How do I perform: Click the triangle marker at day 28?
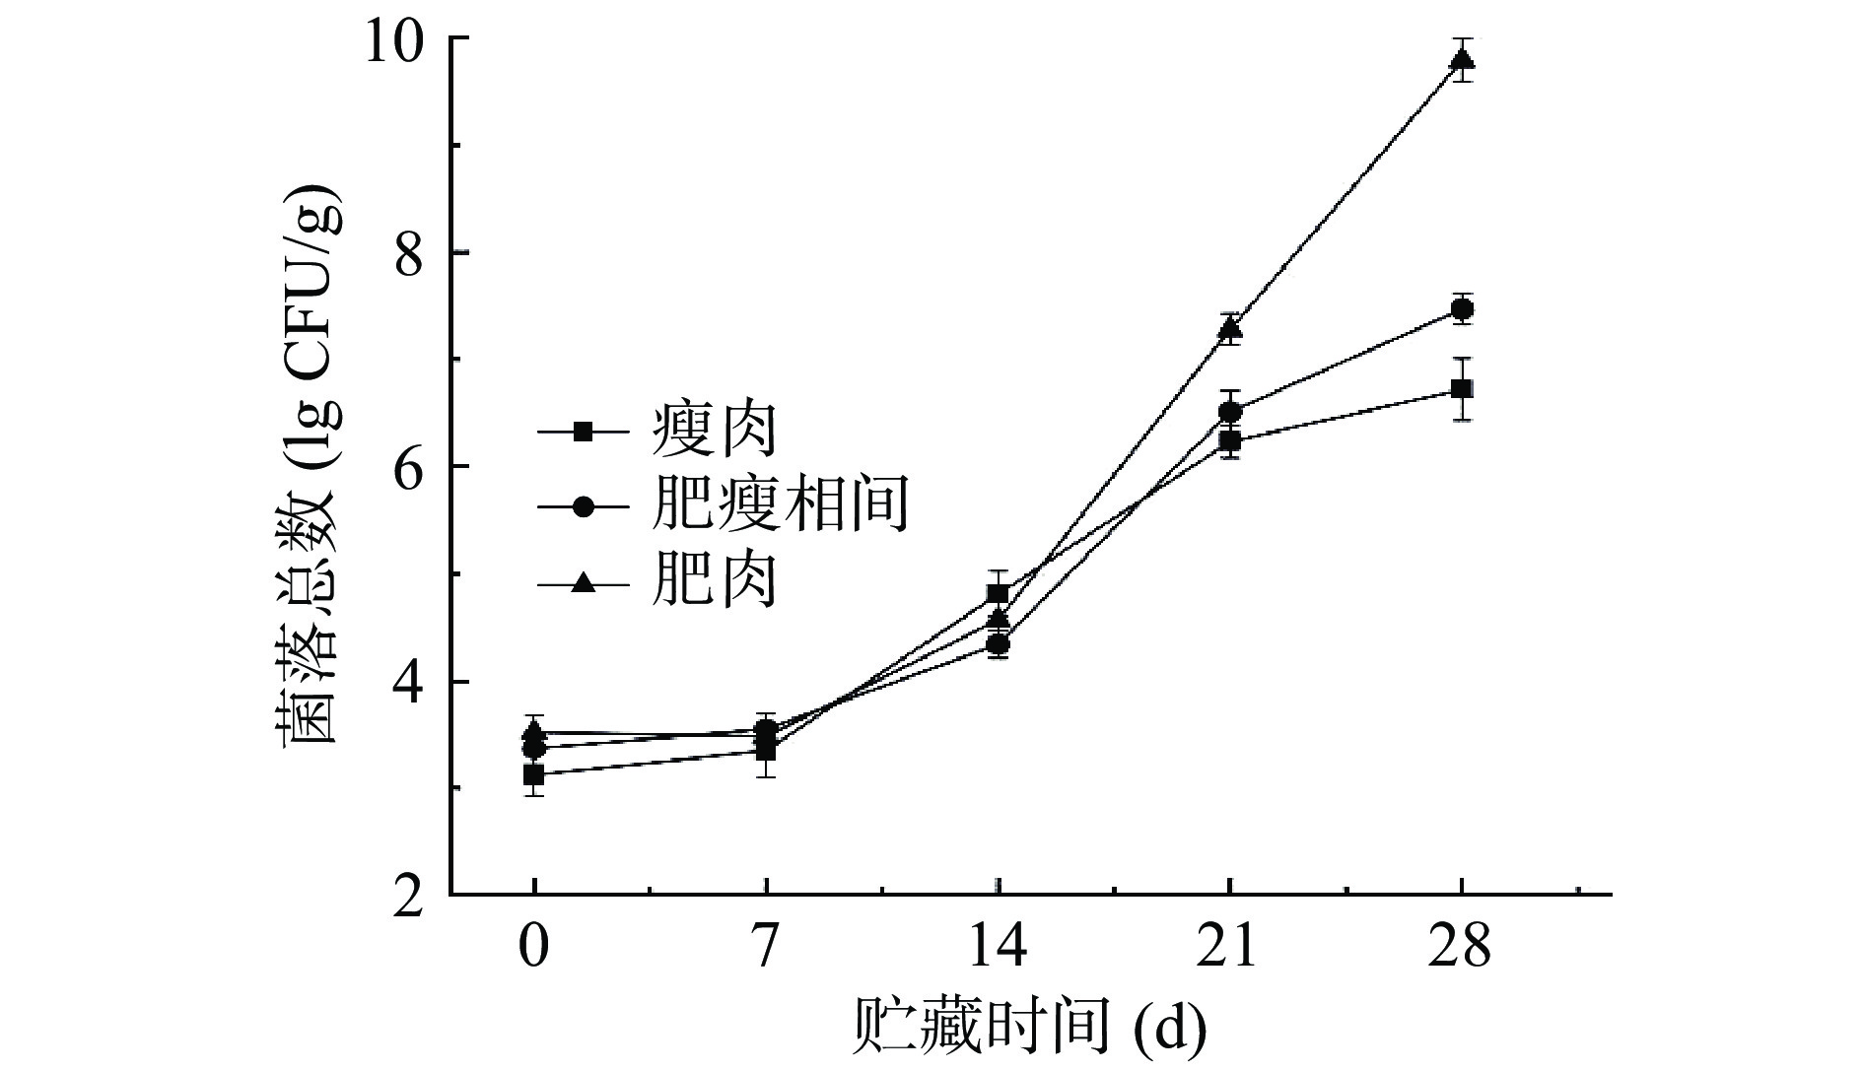tap(1462, 60)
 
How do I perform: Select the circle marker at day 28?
tap(1462, 309)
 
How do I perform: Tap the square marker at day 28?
tap(1462, 389)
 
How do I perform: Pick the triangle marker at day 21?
tap(1230, 327)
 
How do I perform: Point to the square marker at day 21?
tap(1230, 440)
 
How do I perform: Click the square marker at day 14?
tap(998, 593)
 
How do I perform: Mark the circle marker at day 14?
tap(998, 645)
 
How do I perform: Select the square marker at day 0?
tap(533, 775)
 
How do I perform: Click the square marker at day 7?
tap(765, 751)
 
